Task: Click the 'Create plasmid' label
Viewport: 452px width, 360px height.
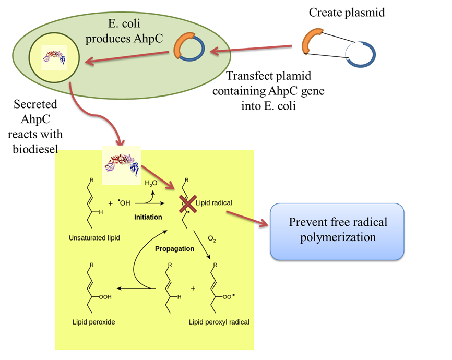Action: (x=347, y=12)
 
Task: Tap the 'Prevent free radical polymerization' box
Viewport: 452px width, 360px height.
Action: (x=338, y=230)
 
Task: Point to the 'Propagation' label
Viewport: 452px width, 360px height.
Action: (x=174, y=248)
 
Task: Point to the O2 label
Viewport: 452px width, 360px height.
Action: (x=212, y=239)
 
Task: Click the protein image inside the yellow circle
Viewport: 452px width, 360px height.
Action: (x=54, y=56)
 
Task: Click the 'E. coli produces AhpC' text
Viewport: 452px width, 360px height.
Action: (x=117, y=31)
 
